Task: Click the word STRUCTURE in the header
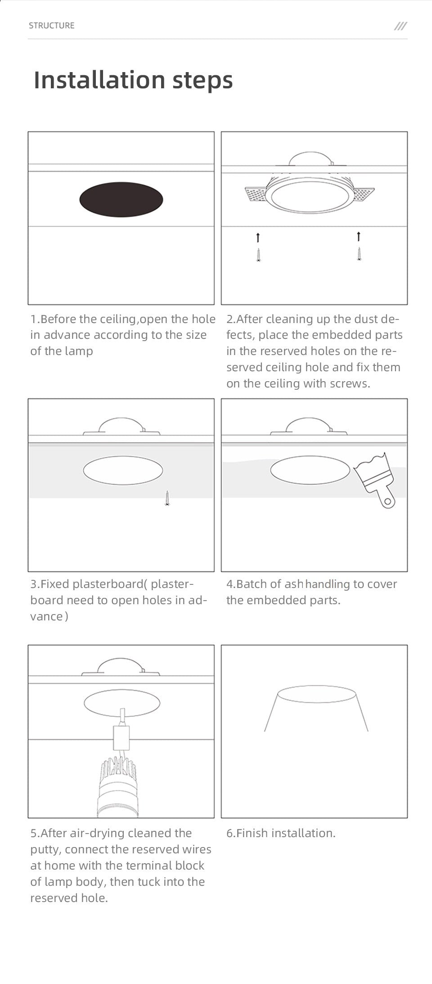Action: click(x=52, y=26)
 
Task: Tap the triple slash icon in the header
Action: click(x=400, y=26)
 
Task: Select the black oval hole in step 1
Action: click(x=121, y=199)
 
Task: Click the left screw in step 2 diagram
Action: click(x=258, y=255)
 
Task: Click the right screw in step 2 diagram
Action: click(x=359, y=254)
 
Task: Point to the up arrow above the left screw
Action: click(x=258, y=237)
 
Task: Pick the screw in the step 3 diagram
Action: click(x=167, y=498)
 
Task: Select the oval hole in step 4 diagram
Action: click(x=310, y=470)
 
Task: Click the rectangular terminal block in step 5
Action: click(x=121, y=738)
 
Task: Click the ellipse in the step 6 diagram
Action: click(x=317, y=694)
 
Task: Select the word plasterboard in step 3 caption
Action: click(x=108, y=584)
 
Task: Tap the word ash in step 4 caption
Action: click(x=293, y=584)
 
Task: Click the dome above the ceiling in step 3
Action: click(x=121, y=426)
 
